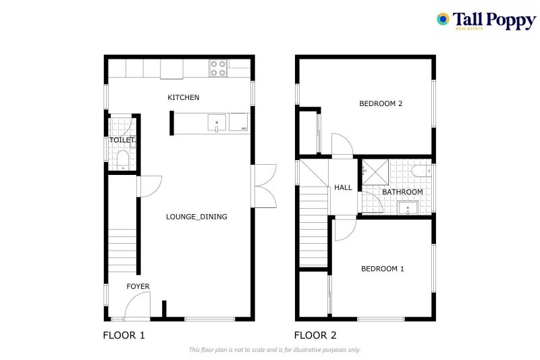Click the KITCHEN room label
point(184,98)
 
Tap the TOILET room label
point(122,140)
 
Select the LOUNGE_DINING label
point(196,217)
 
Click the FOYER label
point(138,286)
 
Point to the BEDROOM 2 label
point(381,104)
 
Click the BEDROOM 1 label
point(382,269)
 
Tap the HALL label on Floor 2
point(343,187)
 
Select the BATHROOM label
point(402,192)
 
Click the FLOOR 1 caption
point(124,335)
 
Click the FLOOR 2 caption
point(315,335)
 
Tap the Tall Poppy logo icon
point(443,19)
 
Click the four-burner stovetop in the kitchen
point(217,68)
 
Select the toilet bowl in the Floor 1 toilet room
point(122,159)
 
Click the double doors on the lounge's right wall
point(264,186)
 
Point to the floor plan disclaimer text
point(275,350)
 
